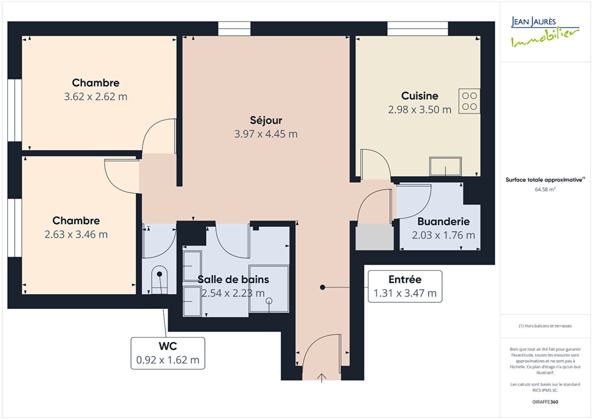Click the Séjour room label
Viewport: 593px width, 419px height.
click(x=266, y=120)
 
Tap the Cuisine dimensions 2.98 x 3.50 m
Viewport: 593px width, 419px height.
click(x=420, y=110)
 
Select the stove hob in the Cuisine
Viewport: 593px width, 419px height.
click(x=469, y=101)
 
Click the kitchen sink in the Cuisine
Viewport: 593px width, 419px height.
click(x=445, y=166)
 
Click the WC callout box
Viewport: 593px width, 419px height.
click(x=168, y=353)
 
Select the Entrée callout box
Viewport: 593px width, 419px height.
click(x=405, y=286)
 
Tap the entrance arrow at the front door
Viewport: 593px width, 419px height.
click(x=321, y=378)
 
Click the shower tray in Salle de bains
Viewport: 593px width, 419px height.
click(x=269, y=289)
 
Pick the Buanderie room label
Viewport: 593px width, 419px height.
click(x=443, y=221)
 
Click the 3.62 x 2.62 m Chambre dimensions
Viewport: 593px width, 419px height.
click(x=96, y=97)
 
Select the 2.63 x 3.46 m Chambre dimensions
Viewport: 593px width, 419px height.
click(x=76, y=234)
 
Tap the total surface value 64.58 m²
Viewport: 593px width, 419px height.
click(x=545, y=189)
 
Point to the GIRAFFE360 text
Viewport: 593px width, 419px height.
click(x=545, y=402)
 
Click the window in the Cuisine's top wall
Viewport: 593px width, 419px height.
click(x=418, y=29)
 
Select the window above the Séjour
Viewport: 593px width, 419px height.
click(x=234, y=29)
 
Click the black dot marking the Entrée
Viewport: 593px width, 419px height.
click(x=322, y=287)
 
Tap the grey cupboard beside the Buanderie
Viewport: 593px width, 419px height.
click(x=374, y=237)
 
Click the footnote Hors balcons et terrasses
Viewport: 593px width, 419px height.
click(x=545, y=326)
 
